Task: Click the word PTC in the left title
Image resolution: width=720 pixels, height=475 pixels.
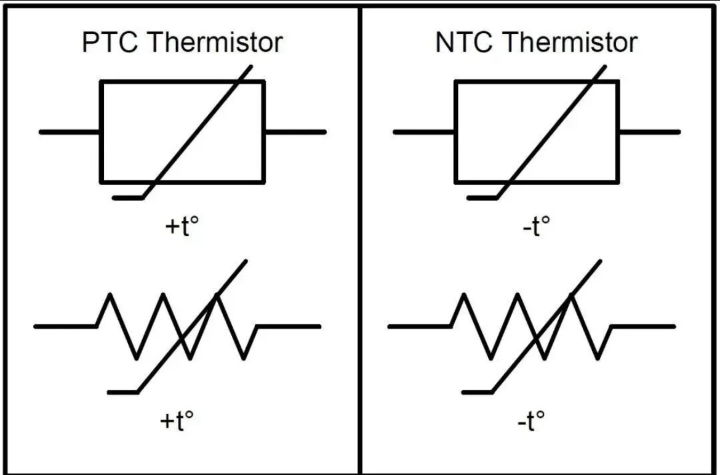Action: [110, 42]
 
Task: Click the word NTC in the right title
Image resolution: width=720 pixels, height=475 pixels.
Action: [463, 42]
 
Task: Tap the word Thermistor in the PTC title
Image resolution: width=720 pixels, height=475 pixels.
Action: [215, 42]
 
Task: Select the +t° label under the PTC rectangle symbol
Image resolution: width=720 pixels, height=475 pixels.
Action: [182, 225]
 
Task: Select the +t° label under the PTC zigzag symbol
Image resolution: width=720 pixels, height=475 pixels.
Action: [177, 420]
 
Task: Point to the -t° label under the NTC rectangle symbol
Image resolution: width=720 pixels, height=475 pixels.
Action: [537, 225]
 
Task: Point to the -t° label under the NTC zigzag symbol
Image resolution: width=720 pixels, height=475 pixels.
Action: [531, 420]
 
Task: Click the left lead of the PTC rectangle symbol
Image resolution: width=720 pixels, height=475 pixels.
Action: [70, 132]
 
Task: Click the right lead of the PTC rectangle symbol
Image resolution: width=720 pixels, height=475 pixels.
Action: [295, 132]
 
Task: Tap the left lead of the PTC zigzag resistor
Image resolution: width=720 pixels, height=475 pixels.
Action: [65, 326]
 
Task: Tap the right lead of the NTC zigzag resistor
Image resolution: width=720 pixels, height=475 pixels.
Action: [643, 326]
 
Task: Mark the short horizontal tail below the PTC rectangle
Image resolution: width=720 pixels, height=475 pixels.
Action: [127, 198]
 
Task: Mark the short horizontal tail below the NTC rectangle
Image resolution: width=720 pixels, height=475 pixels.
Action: [482, 198]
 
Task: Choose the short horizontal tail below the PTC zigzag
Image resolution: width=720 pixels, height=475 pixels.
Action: [122, 393]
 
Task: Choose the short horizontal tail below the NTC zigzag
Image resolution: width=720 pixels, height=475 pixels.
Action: [477, 393]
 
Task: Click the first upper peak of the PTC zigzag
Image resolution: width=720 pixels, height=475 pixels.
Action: [110, 295]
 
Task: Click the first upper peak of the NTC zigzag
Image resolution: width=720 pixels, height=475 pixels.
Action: [464, 295]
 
